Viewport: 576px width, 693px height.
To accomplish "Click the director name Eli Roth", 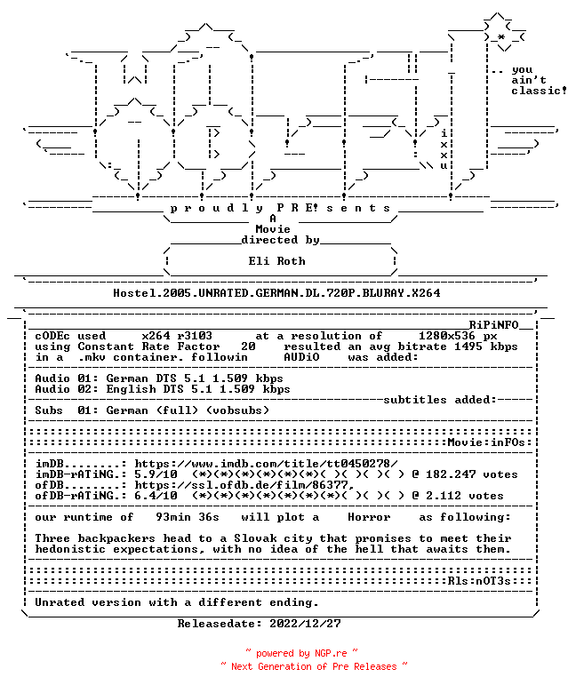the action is (x=276, y=261).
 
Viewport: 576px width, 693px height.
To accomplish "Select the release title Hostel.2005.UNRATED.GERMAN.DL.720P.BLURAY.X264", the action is (x=276, y=293).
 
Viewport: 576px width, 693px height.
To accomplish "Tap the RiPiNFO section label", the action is (x=493, y=325).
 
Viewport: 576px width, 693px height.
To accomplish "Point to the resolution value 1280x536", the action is (x=447, y=336).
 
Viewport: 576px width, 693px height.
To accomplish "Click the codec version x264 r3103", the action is (x=177, y=336).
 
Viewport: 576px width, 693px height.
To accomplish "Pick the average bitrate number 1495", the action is (x=468, y=346).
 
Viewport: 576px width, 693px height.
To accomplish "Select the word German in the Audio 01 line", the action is (x=127, y=378).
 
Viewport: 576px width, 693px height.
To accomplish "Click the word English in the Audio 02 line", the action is (x=131, y=389).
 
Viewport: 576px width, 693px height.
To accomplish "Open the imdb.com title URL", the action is (x=266, y=464).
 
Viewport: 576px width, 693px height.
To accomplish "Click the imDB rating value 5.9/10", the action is (x=156, y=474).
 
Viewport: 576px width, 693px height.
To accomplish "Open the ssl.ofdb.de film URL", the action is (x=244, y=485).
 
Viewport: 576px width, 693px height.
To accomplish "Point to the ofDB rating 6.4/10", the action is (x=156, y=496).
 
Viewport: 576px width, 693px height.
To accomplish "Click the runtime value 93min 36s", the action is (x=188, y=517).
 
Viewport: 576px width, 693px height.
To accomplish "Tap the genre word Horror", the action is (x=369, y=517).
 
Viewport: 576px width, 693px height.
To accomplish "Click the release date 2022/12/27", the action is (x=306, y=624).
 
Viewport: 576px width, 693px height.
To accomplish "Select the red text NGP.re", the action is (x=331, y=653).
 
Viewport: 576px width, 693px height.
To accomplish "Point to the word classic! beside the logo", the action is (x=540, y=91).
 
